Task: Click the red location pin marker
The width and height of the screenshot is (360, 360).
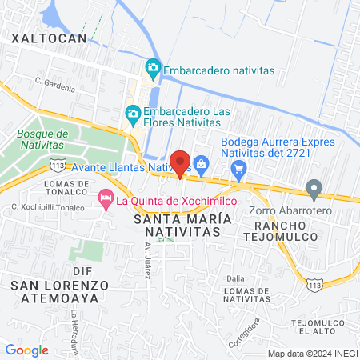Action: (181, 162)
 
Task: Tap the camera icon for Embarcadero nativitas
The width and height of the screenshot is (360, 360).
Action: (152, 70)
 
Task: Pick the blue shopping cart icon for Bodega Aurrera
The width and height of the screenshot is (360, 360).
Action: (238, 169)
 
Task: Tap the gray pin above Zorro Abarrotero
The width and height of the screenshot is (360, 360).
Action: (314, 190)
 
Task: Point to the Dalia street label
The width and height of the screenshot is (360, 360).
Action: (235, 278)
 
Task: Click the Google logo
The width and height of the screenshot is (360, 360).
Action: (26, 350)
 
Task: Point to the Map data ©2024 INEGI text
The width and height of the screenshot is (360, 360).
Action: (311, 354)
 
